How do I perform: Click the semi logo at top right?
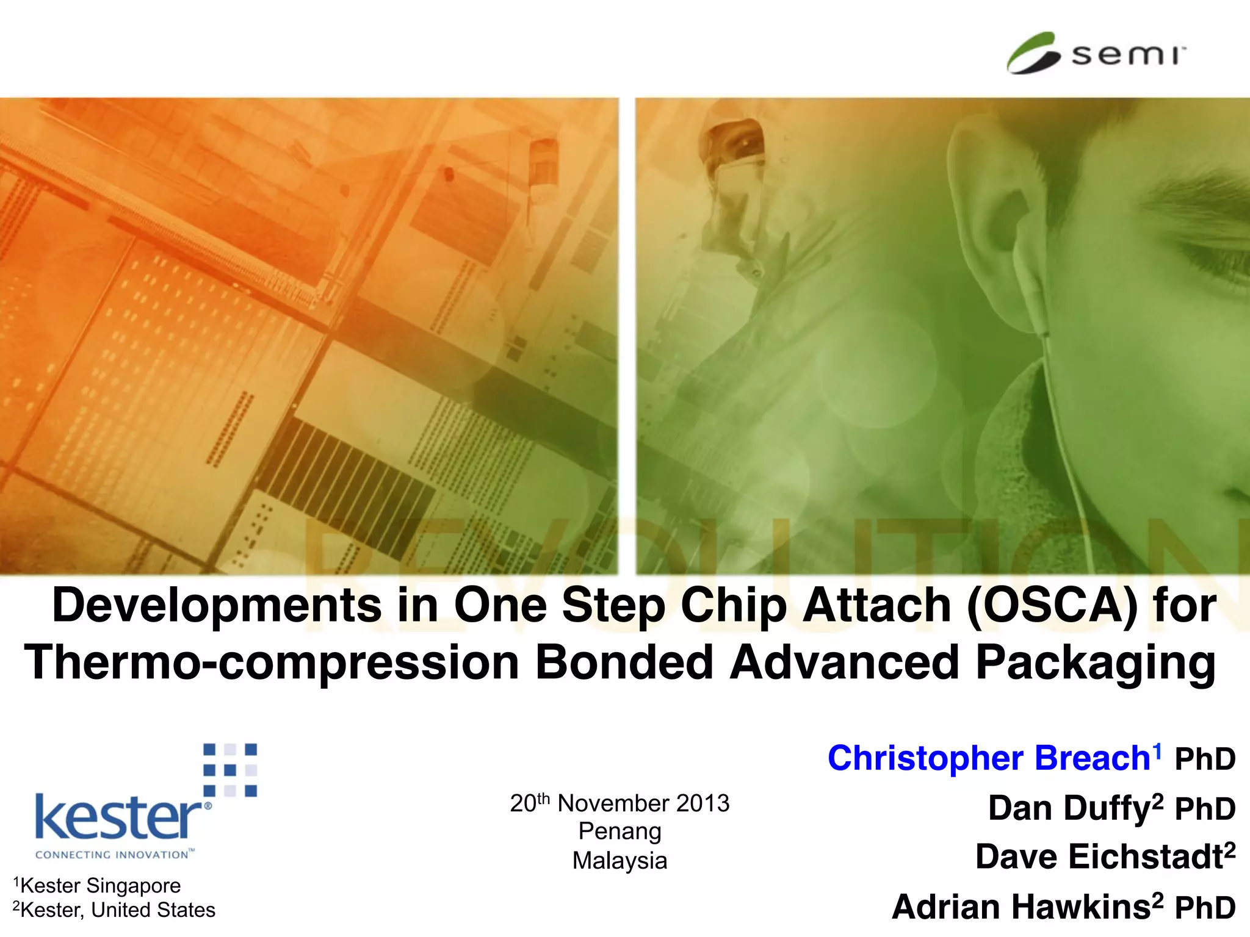tap(1096, 54)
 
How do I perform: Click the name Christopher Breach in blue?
tap(989, 758)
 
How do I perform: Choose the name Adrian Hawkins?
tap(1021, 906)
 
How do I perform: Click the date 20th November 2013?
tap(620, 803)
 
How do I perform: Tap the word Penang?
tap(620, 831)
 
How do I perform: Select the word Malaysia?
tap(620, 861)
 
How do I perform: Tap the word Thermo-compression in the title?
tap(272, 663)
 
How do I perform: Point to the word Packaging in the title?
tap(1096, 663)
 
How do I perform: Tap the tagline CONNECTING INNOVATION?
tap(113, 855)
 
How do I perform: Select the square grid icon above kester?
tap(230, 770)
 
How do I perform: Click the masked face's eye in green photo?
tap(745, 143)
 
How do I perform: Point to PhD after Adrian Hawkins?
tap(1205, 908)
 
